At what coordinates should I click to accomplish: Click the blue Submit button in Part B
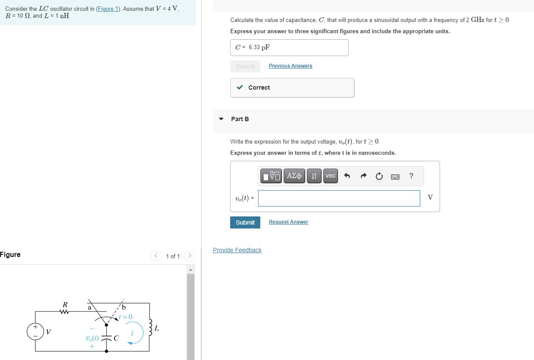click(x=245, y=222)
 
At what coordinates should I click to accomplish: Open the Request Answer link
click(x=288, y=222)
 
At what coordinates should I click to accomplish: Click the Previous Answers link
click(x=290, y=66)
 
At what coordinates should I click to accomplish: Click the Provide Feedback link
click(x=237, y=250)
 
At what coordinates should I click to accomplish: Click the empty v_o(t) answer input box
click(x=339, y=198)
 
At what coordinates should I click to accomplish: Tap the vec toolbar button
click(x=330, y=176)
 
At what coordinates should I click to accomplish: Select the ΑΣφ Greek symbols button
click(x=294, y=176)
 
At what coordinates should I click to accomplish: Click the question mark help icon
click(x=411, y=176)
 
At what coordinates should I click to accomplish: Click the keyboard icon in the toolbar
click(x=395, y=176)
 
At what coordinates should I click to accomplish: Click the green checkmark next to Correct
click(x=240, y=88)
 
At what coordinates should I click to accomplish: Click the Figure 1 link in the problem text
click(x=108, y=9)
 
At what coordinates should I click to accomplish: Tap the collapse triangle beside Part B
click(x=221, y=119)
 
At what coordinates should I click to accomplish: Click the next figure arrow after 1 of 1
click(x=189, y=256)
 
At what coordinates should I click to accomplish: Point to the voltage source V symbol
click(x=35, y=332)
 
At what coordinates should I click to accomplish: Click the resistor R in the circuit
click(x=65, y=311)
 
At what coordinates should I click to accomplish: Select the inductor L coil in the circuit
click(x=150, y=328)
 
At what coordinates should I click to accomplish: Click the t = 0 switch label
click(x=125, y=317)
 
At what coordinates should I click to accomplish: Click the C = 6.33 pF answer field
click(x=289, y=47)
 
